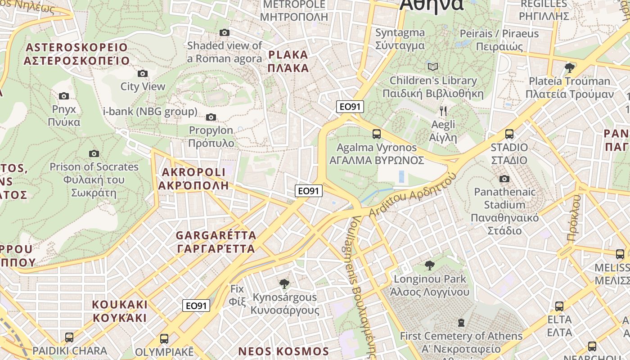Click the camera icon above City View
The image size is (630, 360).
point(142,73)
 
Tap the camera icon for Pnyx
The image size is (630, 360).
point(64,96)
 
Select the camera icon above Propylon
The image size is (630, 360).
point(211,117)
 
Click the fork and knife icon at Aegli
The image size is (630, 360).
point(443,111)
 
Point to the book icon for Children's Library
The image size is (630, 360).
point(433,67)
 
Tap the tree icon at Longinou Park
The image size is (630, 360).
point(430,265)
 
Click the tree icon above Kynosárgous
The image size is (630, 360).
point(284,283)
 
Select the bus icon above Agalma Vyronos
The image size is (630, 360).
point(377,134)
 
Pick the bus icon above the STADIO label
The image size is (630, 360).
point(509,134)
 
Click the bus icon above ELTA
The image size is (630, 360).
point(559,306)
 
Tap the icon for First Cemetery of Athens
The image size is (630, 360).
point(461,323)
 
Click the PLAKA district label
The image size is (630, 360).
point(288,61)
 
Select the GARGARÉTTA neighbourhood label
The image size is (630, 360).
point(216,242)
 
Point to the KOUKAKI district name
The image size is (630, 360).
point(120,311)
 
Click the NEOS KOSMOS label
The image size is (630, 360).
point(283,351)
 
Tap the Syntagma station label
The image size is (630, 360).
point(400,39)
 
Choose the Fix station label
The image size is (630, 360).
point(237,295)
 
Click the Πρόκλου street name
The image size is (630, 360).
point(575,218)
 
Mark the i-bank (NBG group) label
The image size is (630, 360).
point(150,112)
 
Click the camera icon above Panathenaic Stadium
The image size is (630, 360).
point(504,179)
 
